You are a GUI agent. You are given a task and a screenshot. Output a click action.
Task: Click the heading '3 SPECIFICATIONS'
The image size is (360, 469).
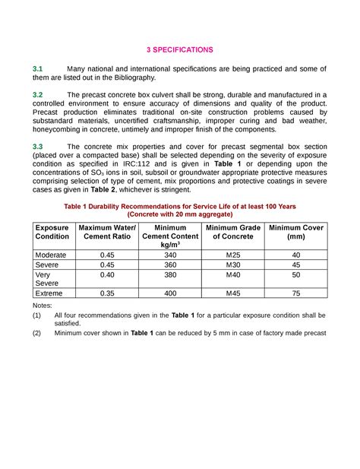click(179, 50)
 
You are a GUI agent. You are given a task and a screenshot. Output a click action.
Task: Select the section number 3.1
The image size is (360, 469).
click(37, 69)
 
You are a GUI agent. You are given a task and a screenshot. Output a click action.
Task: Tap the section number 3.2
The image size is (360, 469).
click(37, 95)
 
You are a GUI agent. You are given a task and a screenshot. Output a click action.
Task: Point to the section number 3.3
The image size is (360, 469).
click(37, 146)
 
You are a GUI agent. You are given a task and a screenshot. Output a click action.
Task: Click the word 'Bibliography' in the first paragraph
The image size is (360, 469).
click(134, 78)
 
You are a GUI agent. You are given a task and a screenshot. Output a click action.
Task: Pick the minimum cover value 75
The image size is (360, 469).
click(295, 293)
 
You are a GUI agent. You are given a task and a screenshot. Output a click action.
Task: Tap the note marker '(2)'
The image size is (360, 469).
click(37, 333)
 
